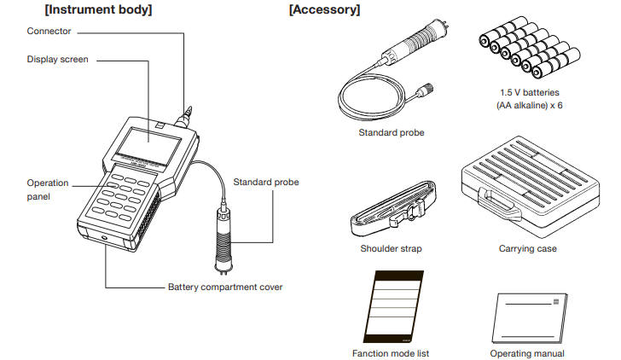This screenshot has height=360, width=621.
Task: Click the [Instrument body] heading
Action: [98, 10]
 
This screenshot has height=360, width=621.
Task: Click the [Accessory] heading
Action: [324, 10]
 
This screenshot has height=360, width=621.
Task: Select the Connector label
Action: [49, 32]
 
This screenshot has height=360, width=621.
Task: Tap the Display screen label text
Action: [57, 60]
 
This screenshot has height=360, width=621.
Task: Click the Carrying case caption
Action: [527, 249]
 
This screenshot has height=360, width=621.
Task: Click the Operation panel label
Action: [48, 189]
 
